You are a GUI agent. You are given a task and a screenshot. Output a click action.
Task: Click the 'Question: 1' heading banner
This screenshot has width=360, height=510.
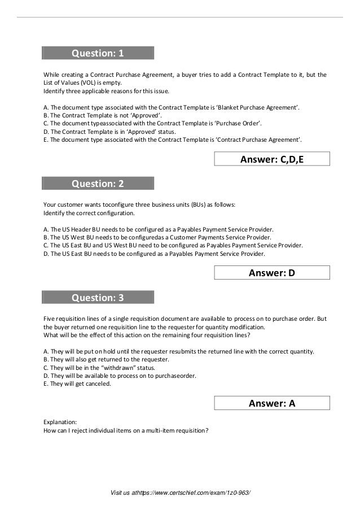(98, 54)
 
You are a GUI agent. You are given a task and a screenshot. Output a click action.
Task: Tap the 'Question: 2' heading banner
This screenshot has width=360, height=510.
(98, 184)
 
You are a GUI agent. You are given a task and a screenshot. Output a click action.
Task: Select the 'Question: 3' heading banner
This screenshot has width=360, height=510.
(98, 298)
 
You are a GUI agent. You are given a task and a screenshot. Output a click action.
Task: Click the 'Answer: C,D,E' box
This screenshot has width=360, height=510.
(272, 160)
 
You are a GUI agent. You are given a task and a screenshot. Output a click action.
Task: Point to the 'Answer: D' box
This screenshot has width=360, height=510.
(272, 274)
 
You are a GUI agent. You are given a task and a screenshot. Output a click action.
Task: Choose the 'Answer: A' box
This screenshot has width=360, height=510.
(272, 403)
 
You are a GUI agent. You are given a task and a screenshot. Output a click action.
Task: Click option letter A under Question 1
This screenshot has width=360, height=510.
(45, 107)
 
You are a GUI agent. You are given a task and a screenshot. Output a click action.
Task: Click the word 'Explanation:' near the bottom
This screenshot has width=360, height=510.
(59, 421)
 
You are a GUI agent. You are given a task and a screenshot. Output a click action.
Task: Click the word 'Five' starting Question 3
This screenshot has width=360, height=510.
(49, 319)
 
